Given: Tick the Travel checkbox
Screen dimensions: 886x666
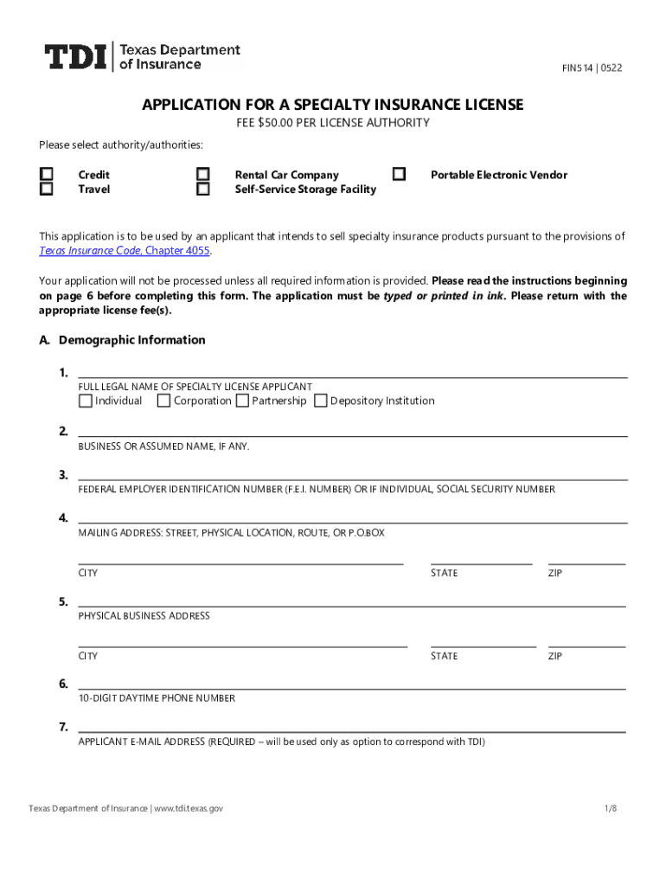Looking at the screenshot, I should (47, 189).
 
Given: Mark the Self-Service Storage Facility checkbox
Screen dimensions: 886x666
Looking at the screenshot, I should (203, 189).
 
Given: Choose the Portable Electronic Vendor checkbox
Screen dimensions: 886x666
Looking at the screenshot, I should (399, 175).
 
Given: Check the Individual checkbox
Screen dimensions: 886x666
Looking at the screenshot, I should (85, 401).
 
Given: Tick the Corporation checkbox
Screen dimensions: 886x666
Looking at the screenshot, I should (163, 401).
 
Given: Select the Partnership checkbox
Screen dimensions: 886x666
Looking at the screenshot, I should (242, 401).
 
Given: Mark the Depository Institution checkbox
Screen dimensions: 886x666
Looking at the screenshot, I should (321, 401).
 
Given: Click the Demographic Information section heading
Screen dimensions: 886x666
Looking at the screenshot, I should (131, 340).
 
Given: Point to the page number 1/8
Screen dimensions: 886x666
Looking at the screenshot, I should (611, 808).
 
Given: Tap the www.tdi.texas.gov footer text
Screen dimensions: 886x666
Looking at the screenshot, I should (189, 808).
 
